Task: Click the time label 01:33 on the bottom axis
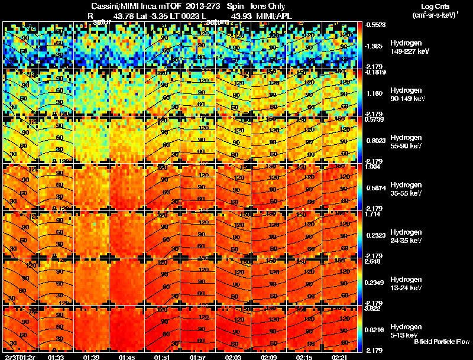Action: [x=56, y=357]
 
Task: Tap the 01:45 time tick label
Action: [x=127, y=357]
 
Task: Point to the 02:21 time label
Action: [x=339, y=357]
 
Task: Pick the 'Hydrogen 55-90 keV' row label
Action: [x=406, y=142]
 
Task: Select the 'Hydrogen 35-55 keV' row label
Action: [x=406, y=189]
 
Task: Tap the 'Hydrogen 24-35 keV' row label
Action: [x=406, y=236]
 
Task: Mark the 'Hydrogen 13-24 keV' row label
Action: [x=406, y=284]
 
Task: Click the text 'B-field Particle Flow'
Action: [x=441, y=342]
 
